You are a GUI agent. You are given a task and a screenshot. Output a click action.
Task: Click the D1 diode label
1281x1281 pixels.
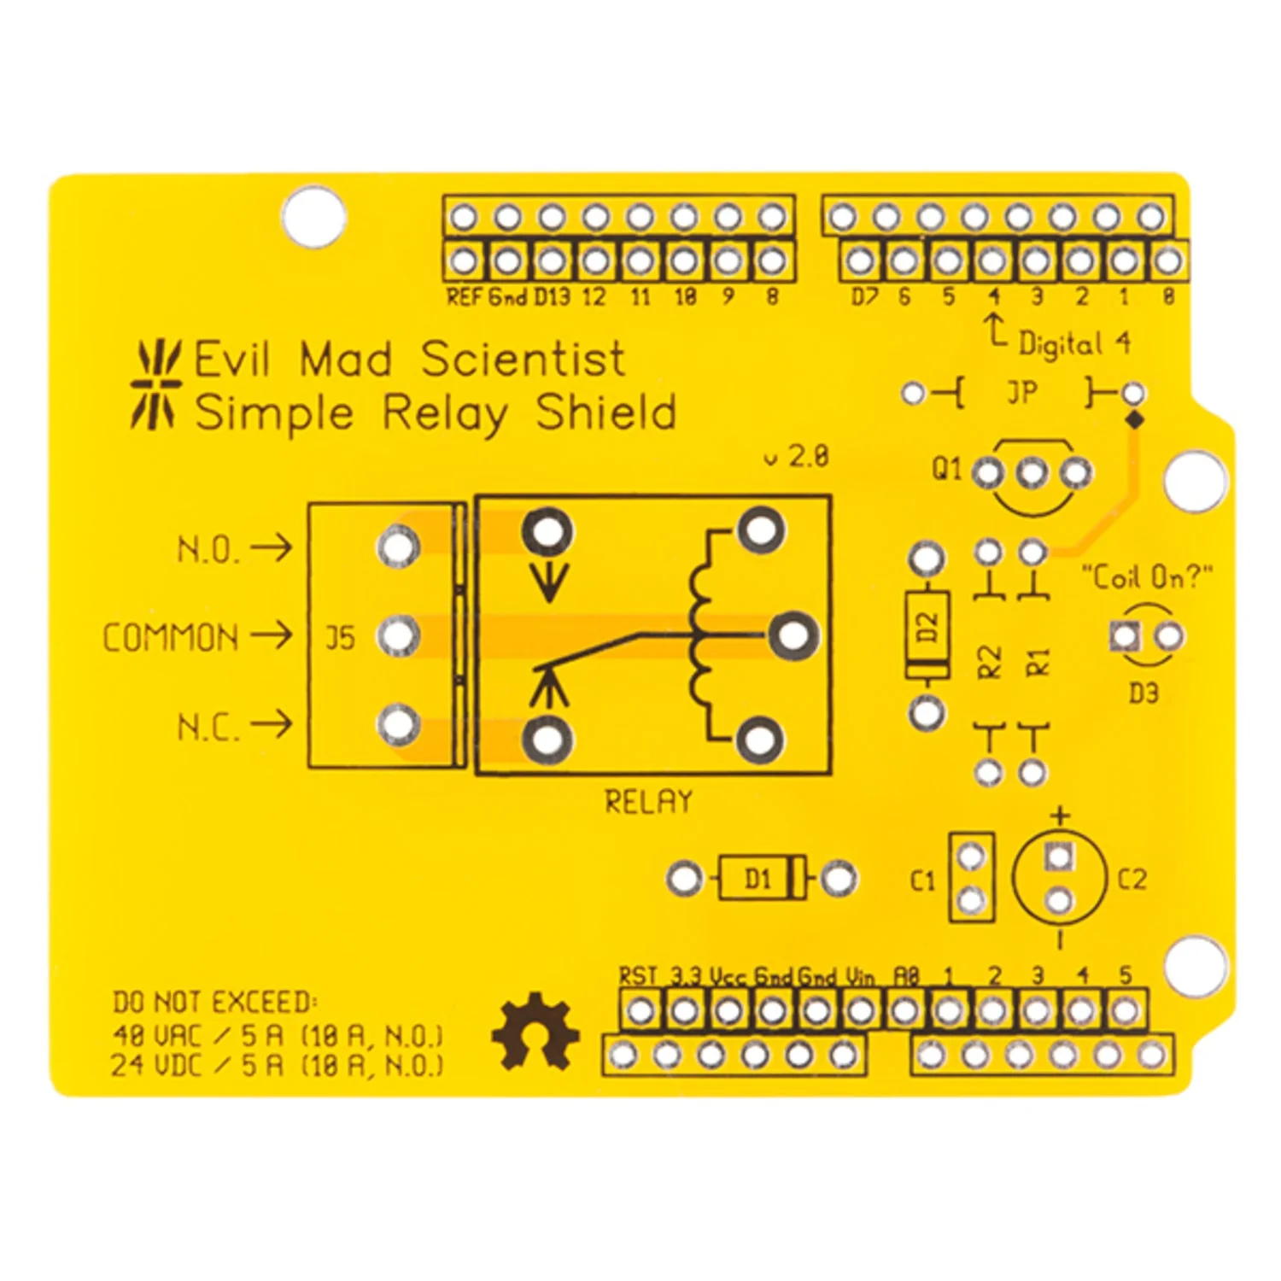coord(757,878)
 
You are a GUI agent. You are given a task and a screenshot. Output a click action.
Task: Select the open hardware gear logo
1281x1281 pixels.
coord(535,1031)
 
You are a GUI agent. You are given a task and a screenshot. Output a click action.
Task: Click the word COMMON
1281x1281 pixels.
coord(170,638)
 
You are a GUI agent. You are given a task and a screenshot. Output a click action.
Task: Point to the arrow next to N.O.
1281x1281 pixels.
coord(272,547)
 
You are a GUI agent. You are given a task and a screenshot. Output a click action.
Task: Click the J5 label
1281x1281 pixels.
coord(339,638)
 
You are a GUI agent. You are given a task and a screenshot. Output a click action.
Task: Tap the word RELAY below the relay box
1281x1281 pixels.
coord(648,801)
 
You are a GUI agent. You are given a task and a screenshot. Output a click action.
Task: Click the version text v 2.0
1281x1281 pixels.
coord(796,456)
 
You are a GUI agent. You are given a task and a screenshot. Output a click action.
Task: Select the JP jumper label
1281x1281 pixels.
coord(1022,392)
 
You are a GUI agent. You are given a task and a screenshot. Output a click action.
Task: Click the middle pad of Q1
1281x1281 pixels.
coord(1032,472)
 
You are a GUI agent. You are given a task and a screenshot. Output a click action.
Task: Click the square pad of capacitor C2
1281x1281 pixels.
coord(1059,856)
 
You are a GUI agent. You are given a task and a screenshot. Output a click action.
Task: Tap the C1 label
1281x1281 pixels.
coord(923,880)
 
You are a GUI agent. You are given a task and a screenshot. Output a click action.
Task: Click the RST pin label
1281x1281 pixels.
coord(639,976)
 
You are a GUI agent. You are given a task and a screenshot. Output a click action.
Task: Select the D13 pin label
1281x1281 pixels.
coord(552,296)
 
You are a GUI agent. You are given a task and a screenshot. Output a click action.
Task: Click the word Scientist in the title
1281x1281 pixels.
coord(523,359)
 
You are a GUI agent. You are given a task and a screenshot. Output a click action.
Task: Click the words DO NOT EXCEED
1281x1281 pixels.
coord(214,1002)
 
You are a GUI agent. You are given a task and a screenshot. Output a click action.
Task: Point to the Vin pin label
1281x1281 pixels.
coord(861,976)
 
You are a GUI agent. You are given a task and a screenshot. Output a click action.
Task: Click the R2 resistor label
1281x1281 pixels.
coord(988,662)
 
